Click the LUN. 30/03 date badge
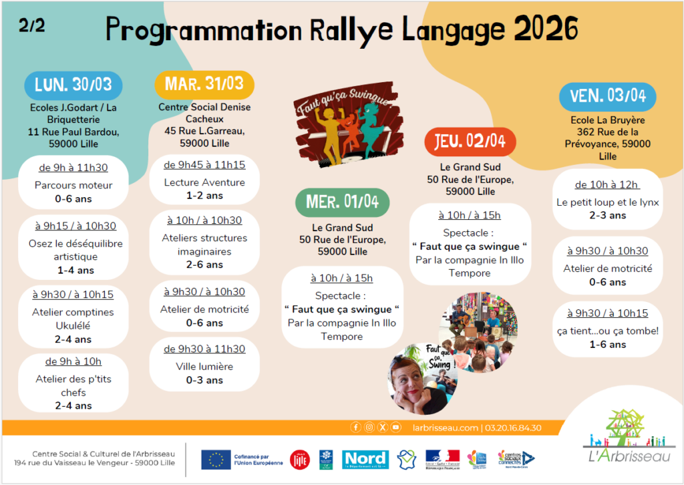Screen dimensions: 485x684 (73, 86)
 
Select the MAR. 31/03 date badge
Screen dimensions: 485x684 (204, 85)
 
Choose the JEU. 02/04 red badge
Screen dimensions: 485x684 (470, 141)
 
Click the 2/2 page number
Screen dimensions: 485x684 (32, 27)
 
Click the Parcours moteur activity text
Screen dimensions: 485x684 (73, 185)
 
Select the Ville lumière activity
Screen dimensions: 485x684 (204, 366)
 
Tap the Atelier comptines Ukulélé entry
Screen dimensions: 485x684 (73, 319)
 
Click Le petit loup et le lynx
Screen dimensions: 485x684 (608, 202)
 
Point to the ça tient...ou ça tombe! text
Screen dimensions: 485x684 (608, 331)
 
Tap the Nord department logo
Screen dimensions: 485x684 (365, 459)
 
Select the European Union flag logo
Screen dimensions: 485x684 (216, 459)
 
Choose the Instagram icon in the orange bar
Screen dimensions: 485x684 (369, 428)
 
